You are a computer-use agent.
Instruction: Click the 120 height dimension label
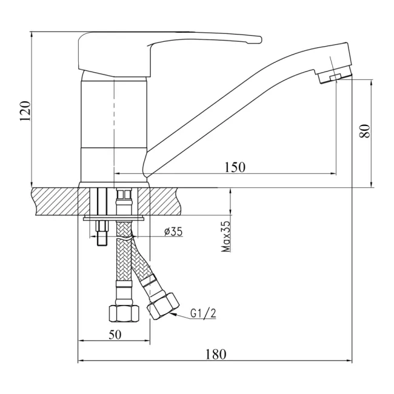tap(25, 111)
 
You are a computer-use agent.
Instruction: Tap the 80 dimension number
tap(364, 131)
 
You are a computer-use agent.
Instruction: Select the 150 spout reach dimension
tap(235, 167)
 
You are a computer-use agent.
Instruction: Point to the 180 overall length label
tap(216, 355)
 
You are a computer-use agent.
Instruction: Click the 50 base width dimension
tap(115, 335)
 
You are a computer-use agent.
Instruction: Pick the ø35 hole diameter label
tap(173, 232)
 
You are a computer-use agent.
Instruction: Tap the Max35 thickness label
tap(225, 236)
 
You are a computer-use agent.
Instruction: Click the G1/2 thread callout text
tap(203, 313)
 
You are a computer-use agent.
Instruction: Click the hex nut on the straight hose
tap(124, 313)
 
